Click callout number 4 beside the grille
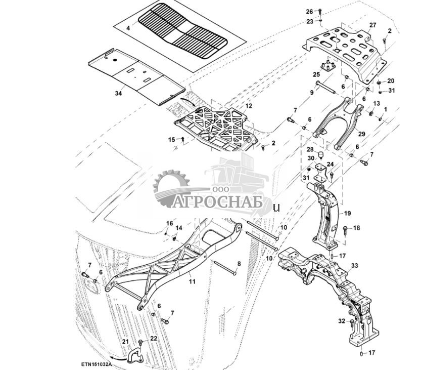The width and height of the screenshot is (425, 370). pyautogui.click(x=128, y=28)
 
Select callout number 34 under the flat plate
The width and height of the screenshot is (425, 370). pyautogui.click(x=118, y=93)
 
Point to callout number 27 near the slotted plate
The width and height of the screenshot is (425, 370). pyautogui.click(x=372, y=25)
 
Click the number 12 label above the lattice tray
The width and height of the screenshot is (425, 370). pyautogui.click(x=249, y=106)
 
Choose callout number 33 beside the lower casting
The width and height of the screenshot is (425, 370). pyautogui.click(x=354, y=266)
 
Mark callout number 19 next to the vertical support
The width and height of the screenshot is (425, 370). pyautogui.click(x=348, y=213)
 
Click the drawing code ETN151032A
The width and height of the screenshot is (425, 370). pyautogui.click(x=96, y=364)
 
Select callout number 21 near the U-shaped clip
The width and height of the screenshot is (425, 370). pyautogui.click(x=126, y=343)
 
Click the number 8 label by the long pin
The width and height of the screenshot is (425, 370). pyautogui.click(x=239, y=264)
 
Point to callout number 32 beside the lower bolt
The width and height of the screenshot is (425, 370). pyautogui.click(x=341, y=321)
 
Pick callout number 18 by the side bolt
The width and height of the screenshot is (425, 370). pyautogui.click(x=357, y=228)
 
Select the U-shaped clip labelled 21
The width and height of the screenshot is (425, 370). pyautogui.click(x=135, y=356)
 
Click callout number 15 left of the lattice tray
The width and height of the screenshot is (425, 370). pyautogui.click(x=171, y=139)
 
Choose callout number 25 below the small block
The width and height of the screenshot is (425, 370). pyautogui.click(x=317, y=74)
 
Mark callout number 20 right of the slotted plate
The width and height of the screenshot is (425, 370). pyautogui.click(x=391, y=81)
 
